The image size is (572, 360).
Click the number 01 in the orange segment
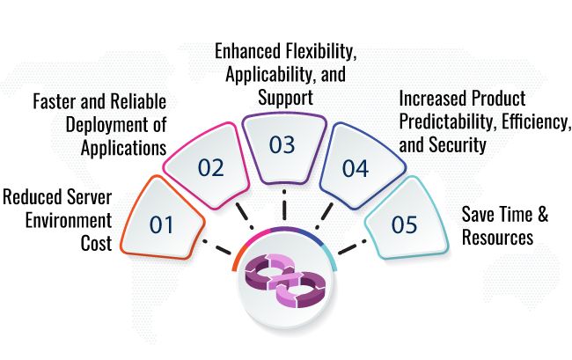(x=161, y=224)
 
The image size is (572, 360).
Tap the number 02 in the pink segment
(x=210, y=168)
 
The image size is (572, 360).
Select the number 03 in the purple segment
(x=282, y=144)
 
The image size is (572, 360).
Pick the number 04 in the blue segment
(x=356, y=168)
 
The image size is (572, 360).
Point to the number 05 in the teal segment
(x=404, y=224)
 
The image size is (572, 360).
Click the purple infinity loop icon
(x=285, y=280)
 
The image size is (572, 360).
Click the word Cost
(x=96, y=243)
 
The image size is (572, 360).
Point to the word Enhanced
(x=248, y=51)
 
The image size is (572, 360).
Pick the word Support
(x=286, y=98)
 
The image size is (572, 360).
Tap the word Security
(x=458, y=145)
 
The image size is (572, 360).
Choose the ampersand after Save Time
(x=543, y=214)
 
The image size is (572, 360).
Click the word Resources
(x=497, y=237)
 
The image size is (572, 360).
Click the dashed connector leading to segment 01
(x=216, y=247)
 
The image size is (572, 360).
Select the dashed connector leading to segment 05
(x=352, y=247)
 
